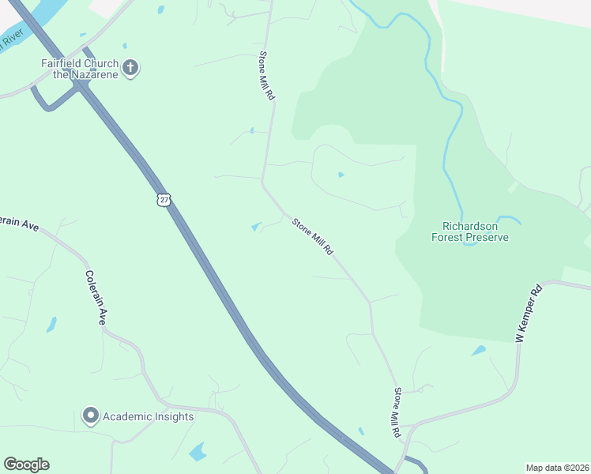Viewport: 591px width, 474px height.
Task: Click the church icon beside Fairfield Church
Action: [x=131, y=69]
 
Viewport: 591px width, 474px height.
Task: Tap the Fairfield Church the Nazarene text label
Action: [x=80, y=69]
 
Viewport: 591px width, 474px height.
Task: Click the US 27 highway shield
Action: [x=163, y=199]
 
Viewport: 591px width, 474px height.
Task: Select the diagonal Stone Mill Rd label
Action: [x=312, y=236]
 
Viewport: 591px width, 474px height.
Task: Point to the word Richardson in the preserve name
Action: [x=470, y=224]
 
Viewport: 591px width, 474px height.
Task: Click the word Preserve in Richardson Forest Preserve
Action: [x=487, y=237]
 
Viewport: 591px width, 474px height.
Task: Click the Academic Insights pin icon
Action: [x=90, y=416]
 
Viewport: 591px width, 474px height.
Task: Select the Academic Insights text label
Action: [x=148, y=416]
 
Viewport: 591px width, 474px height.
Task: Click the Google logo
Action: [x=26, y=465]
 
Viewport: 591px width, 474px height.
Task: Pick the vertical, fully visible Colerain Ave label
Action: [x=95, y=299]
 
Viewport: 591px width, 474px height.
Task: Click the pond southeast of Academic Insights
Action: [x=197, y=452]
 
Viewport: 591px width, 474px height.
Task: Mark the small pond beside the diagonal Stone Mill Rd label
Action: [x=256, y=227]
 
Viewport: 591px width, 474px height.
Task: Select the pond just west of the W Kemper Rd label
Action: [x=479, y=350]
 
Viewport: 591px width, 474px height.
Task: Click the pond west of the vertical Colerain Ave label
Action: [x=51, y=324]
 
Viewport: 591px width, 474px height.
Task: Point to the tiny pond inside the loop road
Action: [x=341, y=175]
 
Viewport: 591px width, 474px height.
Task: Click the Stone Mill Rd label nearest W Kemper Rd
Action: [x=397, y=412]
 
